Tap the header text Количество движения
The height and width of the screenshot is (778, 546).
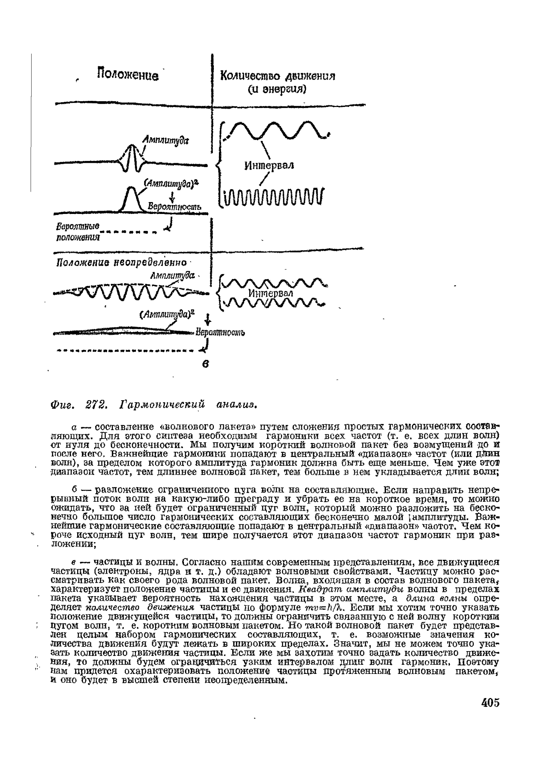[278, 76]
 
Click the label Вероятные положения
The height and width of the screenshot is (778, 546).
[78, 232]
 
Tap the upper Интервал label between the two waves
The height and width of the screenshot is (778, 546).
[269, 165]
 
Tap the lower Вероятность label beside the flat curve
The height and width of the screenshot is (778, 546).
[220, 332]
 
